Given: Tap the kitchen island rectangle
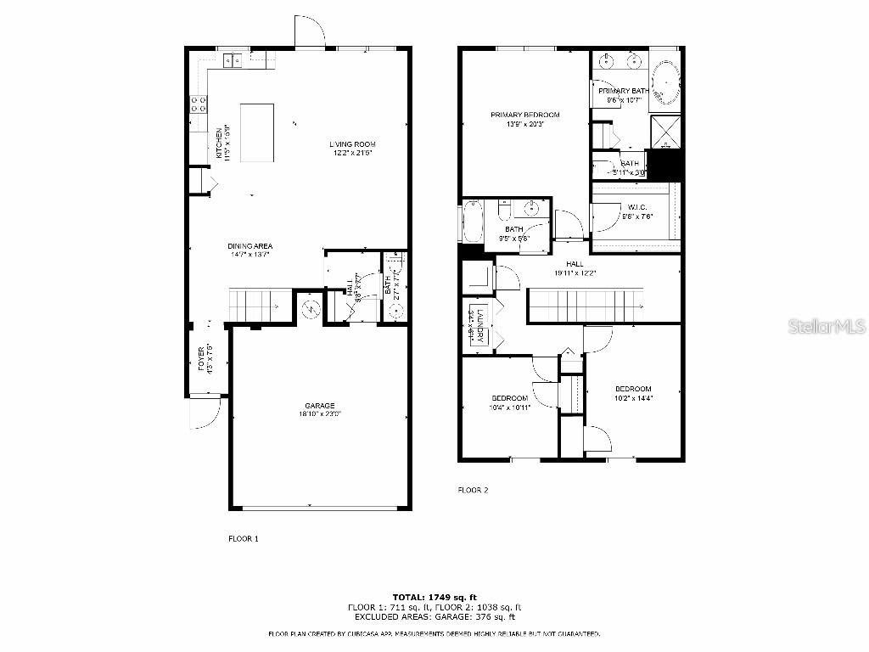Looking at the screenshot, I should point(257,132).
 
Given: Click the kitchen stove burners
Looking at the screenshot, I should point(199,104).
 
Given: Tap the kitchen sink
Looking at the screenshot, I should point(232,59).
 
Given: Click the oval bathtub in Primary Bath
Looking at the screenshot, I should point(665,81).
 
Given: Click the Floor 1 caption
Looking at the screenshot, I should point(244,538).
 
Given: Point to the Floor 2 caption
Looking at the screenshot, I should point(473,490).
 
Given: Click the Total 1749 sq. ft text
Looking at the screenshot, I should point(434,597).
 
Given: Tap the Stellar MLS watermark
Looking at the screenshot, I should point(826,326).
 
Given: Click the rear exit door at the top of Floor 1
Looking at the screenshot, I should point(310,32).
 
